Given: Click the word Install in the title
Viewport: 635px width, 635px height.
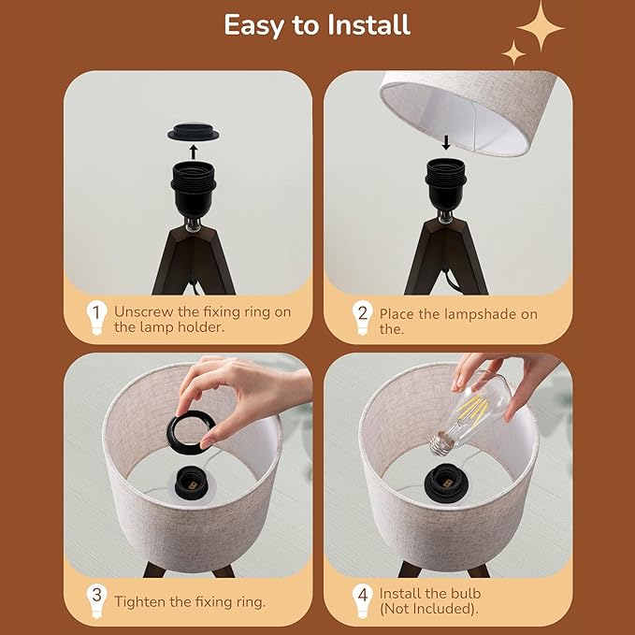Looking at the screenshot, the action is (368, 25).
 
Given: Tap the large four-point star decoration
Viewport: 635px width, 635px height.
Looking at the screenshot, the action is (541, 27).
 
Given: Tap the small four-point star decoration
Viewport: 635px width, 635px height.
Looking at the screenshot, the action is (513, 52).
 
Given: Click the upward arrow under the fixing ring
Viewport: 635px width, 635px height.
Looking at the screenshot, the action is (194, 152).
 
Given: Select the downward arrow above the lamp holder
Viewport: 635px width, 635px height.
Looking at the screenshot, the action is (446, 142).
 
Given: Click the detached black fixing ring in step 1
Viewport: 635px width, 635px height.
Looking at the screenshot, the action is (194, 133).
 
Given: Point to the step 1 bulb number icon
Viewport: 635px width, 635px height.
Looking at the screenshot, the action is (96, 318).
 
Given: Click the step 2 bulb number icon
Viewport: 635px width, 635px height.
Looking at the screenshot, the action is (362, 318).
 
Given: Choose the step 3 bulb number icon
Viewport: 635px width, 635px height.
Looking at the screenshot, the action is (96, 600).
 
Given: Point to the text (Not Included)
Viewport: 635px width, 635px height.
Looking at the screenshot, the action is (428, 609).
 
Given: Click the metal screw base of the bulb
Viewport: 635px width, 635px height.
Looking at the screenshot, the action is (441, 443).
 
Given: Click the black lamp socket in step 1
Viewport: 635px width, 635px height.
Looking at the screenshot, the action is (194, 187).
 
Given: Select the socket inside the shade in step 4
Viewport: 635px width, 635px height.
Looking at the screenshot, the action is (447, 482).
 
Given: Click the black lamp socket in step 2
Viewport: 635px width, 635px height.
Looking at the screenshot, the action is (446, 184).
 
